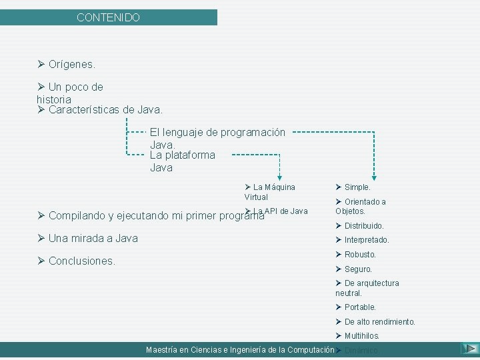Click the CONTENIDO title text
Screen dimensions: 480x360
[108, 18]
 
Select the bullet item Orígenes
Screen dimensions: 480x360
[72, 65]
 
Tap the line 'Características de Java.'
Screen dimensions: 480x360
[105, 109]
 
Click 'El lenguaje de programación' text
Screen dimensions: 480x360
[217, 133]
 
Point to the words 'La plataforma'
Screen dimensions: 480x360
[183, 155]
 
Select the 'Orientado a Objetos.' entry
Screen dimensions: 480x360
[361, 207]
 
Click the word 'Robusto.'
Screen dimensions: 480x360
[360, 255]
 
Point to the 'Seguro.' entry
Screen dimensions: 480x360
[358, 269]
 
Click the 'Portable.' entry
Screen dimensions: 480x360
[360, 307]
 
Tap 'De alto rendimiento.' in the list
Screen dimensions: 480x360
[379, 322]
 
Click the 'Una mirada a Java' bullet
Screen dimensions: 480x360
[93, 239]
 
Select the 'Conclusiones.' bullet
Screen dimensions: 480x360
[81, 261]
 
